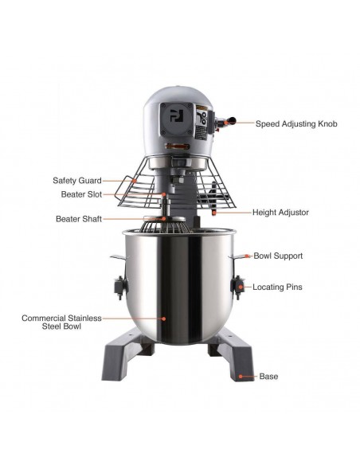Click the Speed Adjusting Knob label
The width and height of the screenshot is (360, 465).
[296, 123]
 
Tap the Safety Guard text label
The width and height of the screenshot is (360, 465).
[77, 180]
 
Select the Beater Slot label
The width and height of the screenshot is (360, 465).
[81, 194]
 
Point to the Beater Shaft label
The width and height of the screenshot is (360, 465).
[79, 219]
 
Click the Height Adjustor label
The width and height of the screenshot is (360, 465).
[280, 213]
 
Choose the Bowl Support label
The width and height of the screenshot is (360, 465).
[278, 256]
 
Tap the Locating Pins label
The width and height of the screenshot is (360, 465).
[277, 287]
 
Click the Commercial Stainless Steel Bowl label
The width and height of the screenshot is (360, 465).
[61, 322]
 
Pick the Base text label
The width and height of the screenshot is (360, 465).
[268, 377]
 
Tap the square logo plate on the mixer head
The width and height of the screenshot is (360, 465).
[177, 119]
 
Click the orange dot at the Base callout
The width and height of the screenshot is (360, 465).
[241, 377]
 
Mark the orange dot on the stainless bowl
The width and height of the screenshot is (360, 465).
[163, 318]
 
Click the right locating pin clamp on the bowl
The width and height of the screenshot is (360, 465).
[237, 287]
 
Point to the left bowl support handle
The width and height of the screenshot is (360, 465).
[119, 257]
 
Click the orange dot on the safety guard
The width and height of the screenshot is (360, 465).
[135, 180]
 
